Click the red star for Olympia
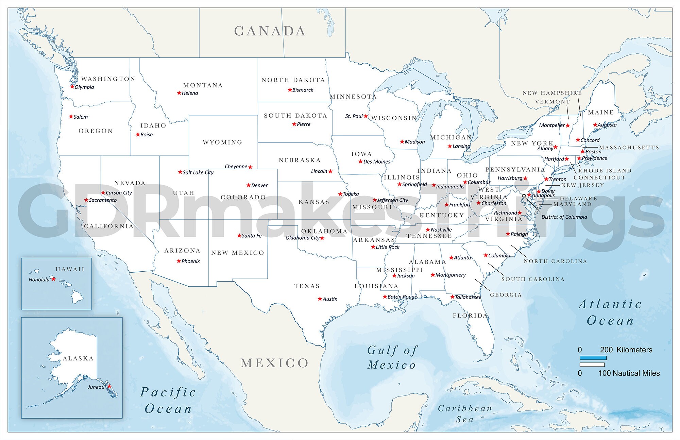pyautogui.click(x=72, y=86)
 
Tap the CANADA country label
pyautogui.click(x=270, y=31)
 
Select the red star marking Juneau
pyautogui.click(x=109, y=386)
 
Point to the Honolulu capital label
pyautogui.click(x=39, y=280)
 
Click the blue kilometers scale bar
pyautogui.click(x=593, y=358)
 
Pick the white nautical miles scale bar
pyautogui.click(x=592, y=365)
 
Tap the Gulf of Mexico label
pyautogui.click(x=392, y=357)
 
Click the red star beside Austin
pyautogui.click(x=320, y=299)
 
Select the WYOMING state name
pyautogui.click(x=222, y=142)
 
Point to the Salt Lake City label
pyautogui.click(x=198, y=172)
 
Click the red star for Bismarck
pyautogui.click(x=290, y=90)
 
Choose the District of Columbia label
pyautogui.click(x=564, y=217)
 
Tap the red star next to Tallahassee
pyautogui.click(x=452, y=297)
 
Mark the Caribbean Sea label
pyautogui.click(x=465, y=413)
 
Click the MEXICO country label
pyautogui.click(x=274, y=363)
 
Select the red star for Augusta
pyautogui.click(x=595, y=125)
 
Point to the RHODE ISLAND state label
pyautogui.click(x=605, y=171)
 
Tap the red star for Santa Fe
pyautogui.click(x=239, y=235)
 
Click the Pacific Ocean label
pyautogui.click(x=168, y=400)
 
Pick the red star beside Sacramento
pyautogui.click(x=86, y=200)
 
